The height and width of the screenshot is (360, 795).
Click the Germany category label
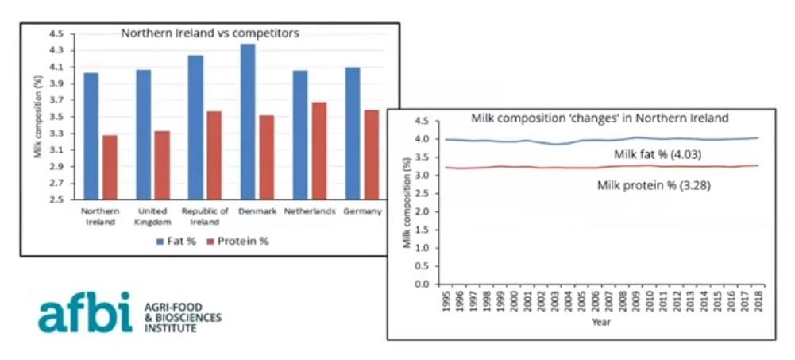tap(362, 211)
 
